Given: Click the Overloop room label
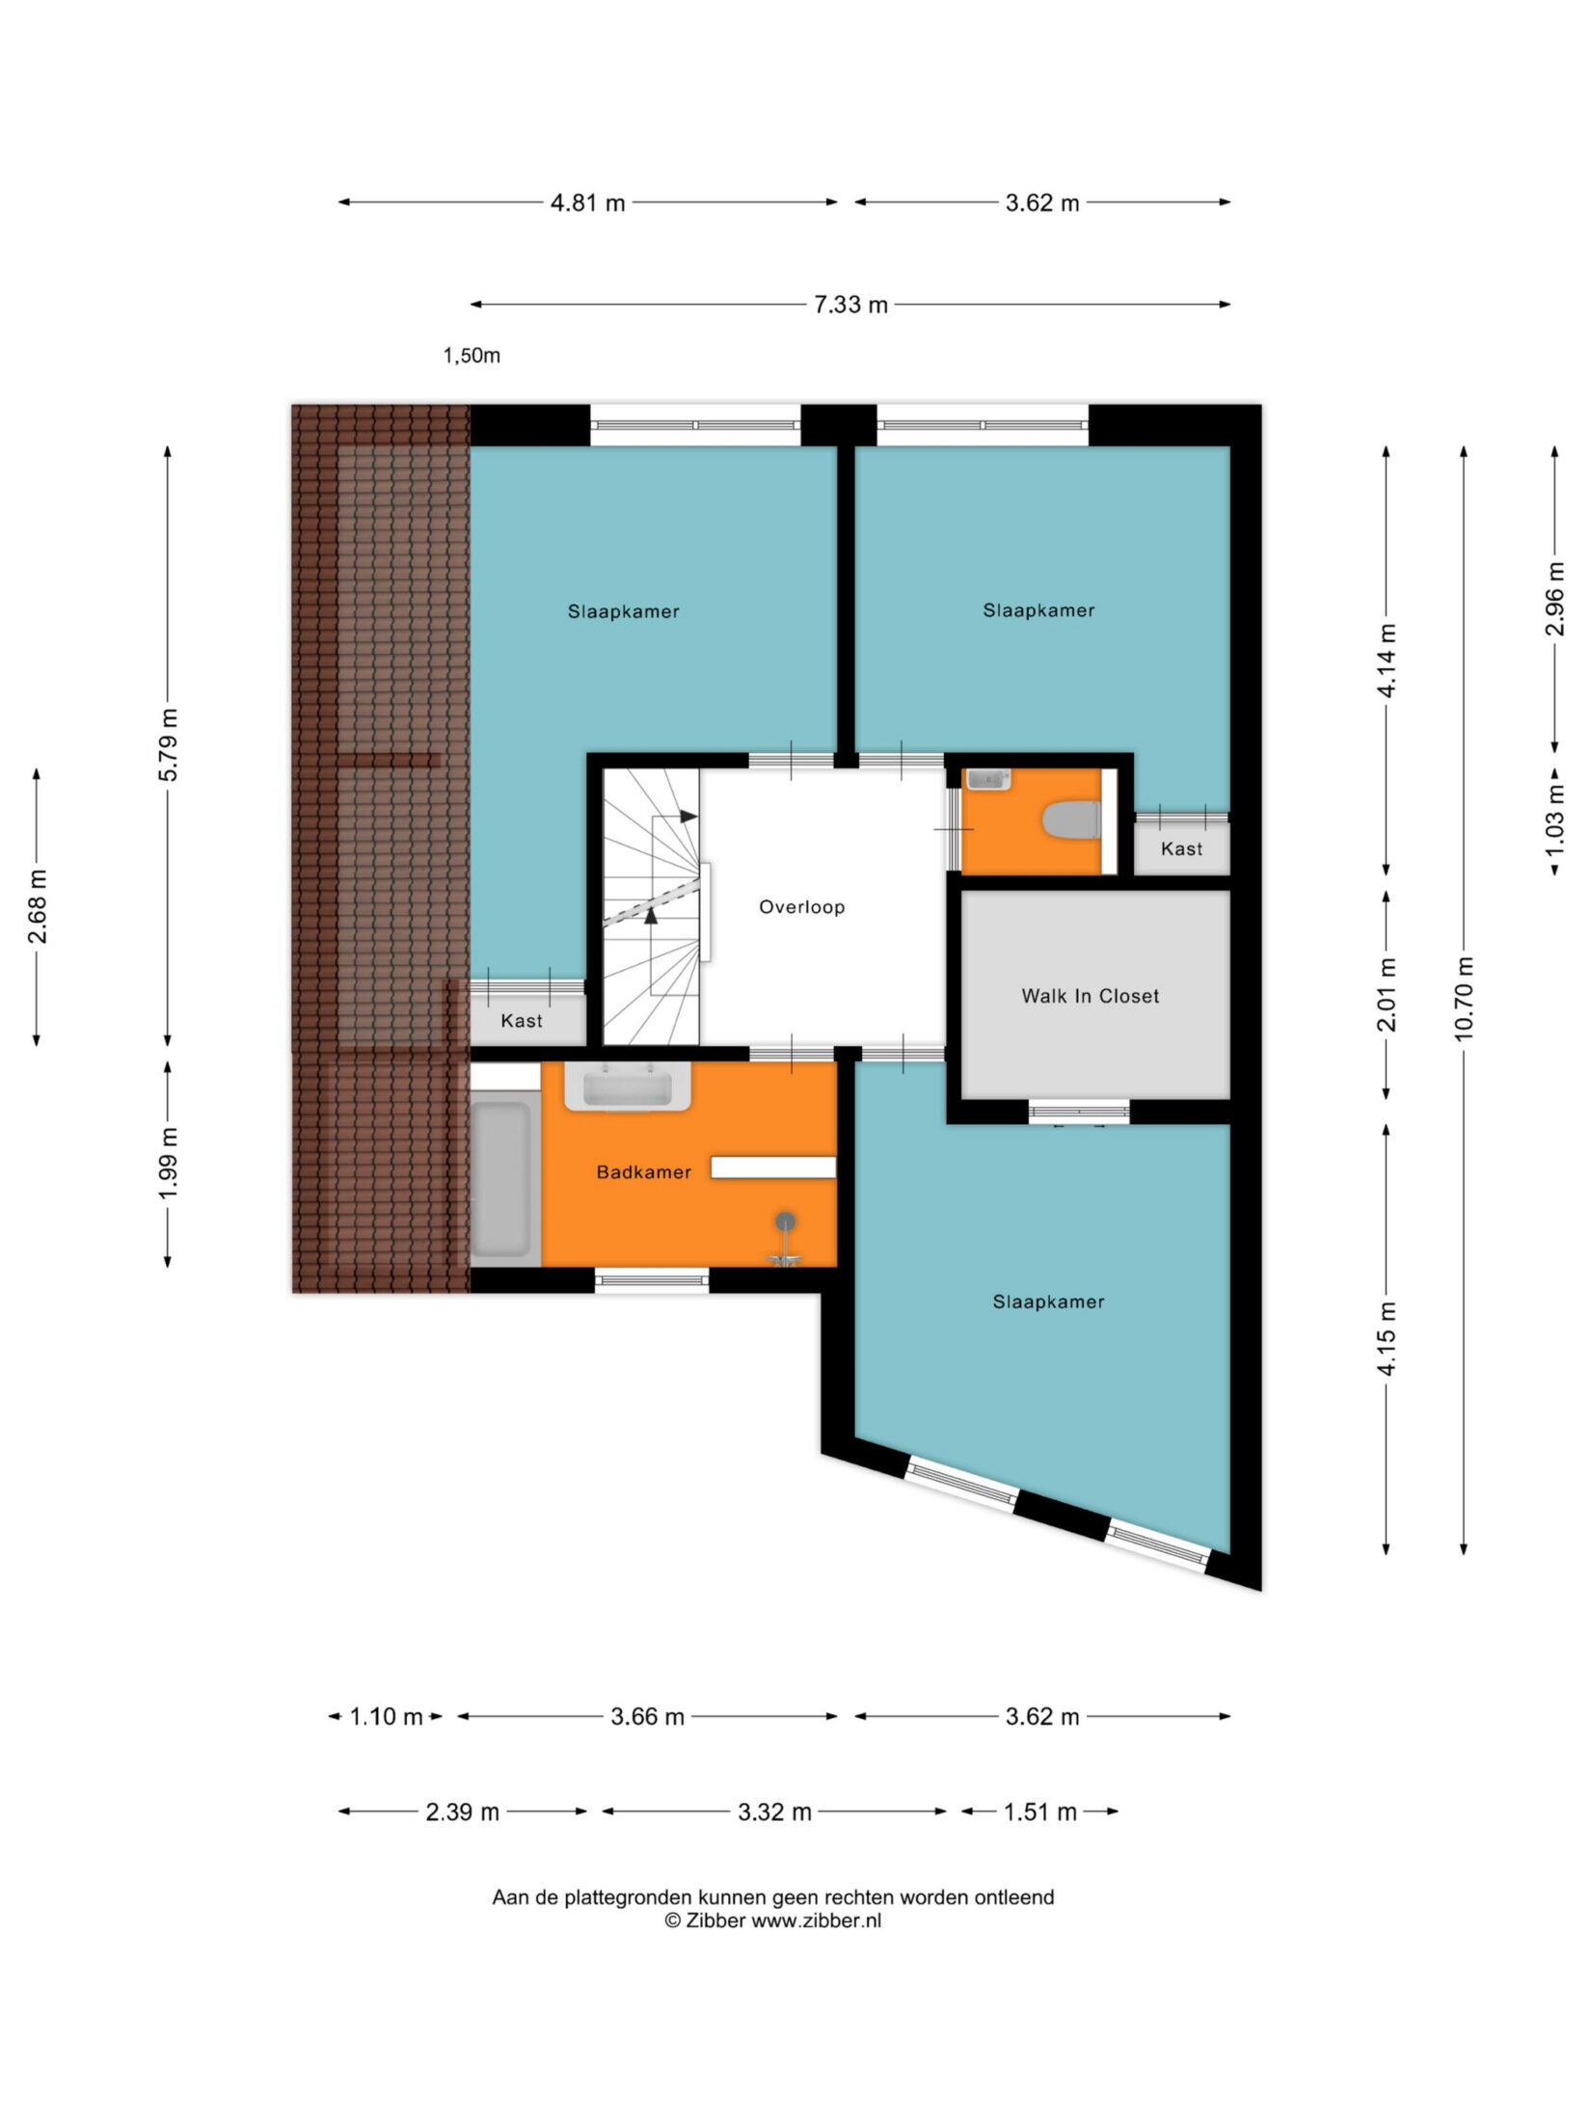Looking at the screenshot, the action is pos(801,906).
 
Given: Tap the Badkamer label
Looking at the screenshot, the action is pos(644,1172).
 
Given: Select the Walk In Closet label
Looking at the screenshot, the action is pos(1091,996).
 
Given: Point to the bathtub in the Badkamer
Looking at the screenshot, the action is pos(500,1178).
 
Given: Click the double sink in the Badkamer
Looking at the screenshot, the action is pos(628,1087).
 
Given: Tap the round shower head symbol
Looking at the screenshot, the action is pos(787,1222).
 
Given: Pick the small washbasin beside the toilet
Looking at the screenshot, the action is pos(987,779).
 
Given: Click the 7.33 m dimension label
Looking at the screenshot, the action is pos(850,305).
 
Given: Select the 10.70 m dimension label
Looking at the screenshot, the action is pos(1464,998).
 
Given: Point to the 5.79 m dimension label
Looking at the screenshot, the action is pos(169,745).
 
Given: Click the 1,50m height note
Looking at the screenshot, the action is pos(472,356).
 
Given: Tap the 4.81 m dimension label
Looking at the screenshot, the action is pos(588,202).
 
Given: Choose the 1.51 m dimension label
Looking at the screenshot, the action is pos(1040,1812).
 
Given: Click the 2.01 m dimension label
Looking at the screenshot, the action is pos(1387,994).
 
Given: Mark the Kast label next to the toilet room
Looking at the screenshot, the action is pos(1181,848).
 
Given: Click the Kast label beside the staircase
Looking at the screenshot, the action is pos(522,1020).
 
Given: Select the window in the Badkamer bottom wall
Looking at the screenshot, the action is pos(652,1280).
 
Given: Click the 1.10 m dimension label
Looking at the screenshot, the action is pos(386,1717).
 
